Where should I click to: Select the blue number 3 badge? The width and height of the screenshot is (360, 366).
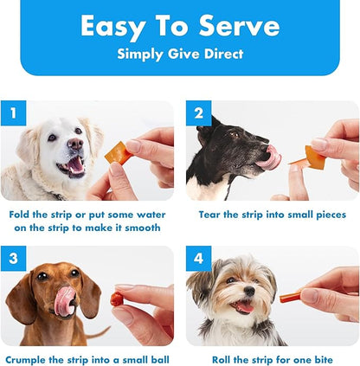point(13,259)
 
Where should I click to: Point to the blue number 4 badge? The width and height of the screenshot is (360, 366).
point(199,259)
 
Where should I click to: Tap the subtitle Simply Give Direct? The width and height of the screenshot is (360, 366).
point(179,53)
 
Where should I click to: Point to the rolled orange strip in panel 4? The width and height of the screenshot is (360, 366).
point(290,297)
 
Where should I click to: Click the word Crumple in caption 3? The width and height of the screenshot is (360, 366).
point(33,358)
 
